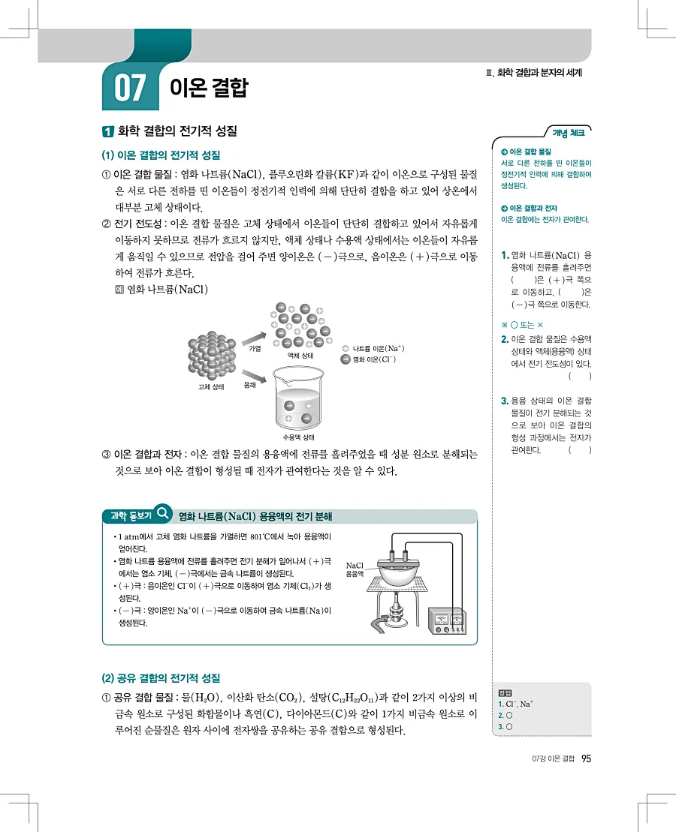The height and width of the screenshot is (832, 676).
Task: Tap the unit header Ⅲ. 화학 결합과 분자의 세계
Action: pos(535,73)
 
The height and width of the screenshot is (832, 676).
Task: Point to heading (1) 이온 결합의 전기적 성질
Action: pos(161,155)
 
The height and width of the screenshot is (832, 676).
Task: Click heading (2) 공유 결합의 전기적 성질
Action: pos(161,678)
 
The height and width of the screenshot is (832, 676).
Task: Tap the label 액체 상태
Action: pos(300,355)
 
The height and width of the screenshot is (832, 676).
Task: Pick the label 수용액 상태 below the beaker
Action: pos(298,437)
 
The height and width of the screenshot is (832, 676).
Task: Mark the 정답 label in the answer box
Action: pos(505,692)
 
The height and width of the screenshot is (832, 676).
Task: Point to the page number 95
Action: pos(587,760)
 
